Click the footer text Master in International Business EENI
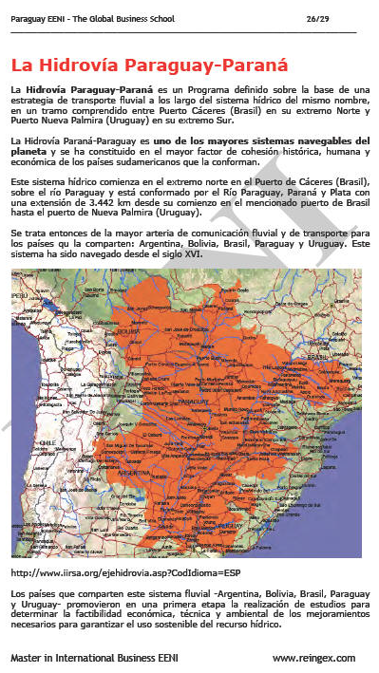pyautogui.click(x=91, y=657)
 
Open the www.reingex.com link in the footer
pyautogui.click(x=313, y=657)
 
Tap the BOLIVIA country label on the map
pyautogui.click(x=132, y=334)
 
